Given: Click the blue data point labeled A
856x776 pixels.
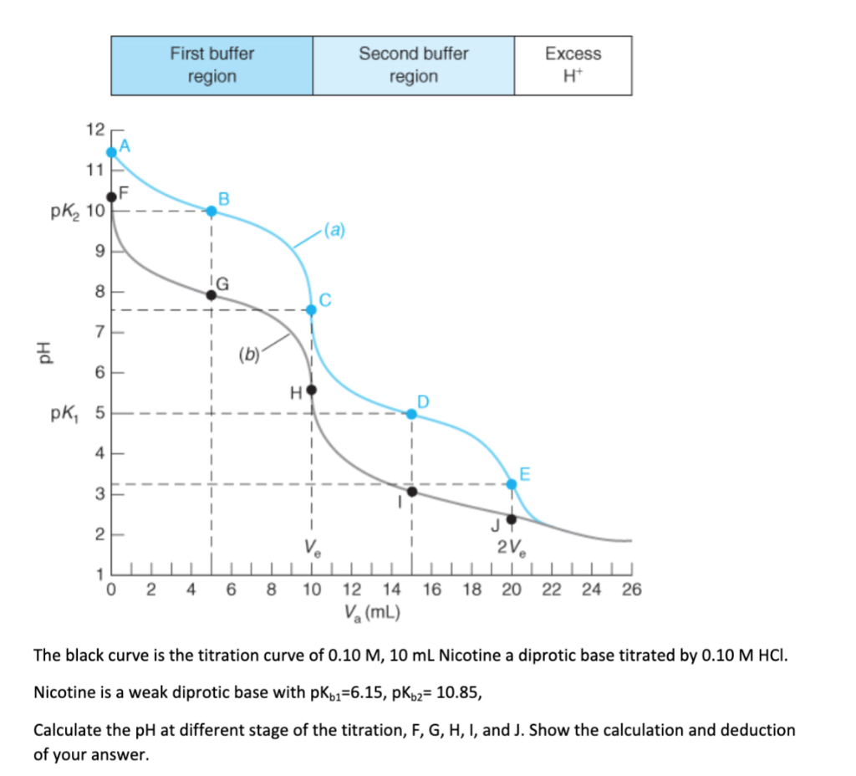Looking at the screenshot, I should tap(111, 152).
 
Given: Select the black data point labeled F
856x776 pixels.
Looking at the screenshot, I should tap(111, 197).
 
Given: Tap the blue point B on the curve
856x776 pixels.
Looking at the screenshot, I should tap(211, 211).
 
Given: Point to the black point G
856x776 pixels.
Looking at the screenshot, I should tap(211, 294).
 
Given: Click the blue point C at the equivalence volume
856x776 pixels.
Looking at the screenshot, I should tap(312, 309).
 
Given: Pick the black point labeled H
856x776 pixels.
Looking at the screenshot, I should tap(312, 390).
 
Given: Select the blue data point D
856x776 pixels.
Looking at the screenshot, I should tap(411, 414).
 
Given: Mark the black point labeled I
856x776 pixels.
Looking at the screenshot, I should tap(411, 491).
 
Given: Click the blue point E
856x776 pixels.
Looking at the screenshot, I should tap(512, 483).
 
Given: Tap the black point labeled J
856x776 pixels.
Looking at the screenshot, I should tap(512, 519).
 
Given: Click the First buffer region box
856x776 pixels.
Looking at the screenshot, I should tap(211, 65).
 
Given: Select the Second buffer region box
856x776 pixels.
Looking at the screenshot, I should tap(413, 65).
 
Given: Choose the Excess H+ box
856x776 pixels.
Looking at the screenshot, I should tap(573, 65).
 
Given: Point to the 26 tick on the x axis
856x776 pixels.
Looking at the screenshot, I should tap(631, 590).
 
